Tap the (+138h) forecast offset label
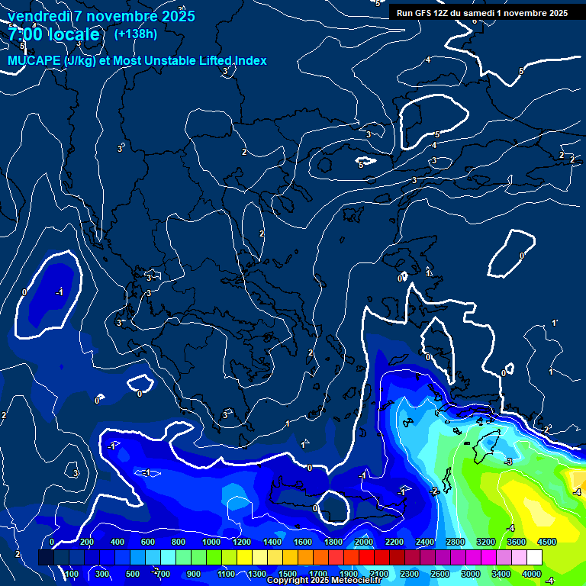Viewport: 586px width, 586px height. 135,34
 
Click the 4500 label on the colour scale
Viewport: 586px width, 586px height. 546,542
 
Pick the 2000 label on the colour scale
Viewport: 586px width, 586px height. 364,542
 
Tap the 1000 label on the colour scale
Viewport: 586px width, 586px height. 211,542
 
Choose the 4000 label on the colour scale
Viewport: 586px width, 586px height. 532,574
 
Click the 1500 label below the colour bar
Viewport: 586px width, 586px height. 288,574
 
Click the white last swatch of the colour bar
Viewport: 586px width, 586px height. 534,558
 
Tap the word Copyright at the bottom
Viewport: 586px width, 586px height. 289,581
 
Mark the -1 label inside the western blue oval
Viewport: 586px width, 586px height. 59,291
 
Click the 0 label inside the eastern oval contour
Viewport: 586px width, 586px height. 522,256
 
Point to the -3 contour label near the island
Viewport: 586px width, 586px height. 508,462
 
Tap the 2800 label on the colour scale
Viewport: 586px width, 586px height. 456,542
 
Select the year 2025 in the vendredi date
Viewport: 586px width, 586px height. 175,16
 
